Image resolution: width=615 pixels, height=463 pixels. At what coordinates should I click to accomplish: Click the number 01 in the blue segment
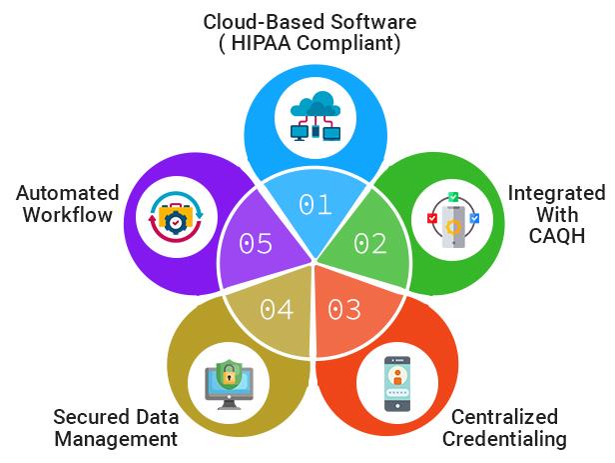point(314,205)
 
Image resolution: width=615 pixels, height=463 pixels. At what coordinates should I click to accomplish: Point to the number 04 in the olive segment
point(277,309)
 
